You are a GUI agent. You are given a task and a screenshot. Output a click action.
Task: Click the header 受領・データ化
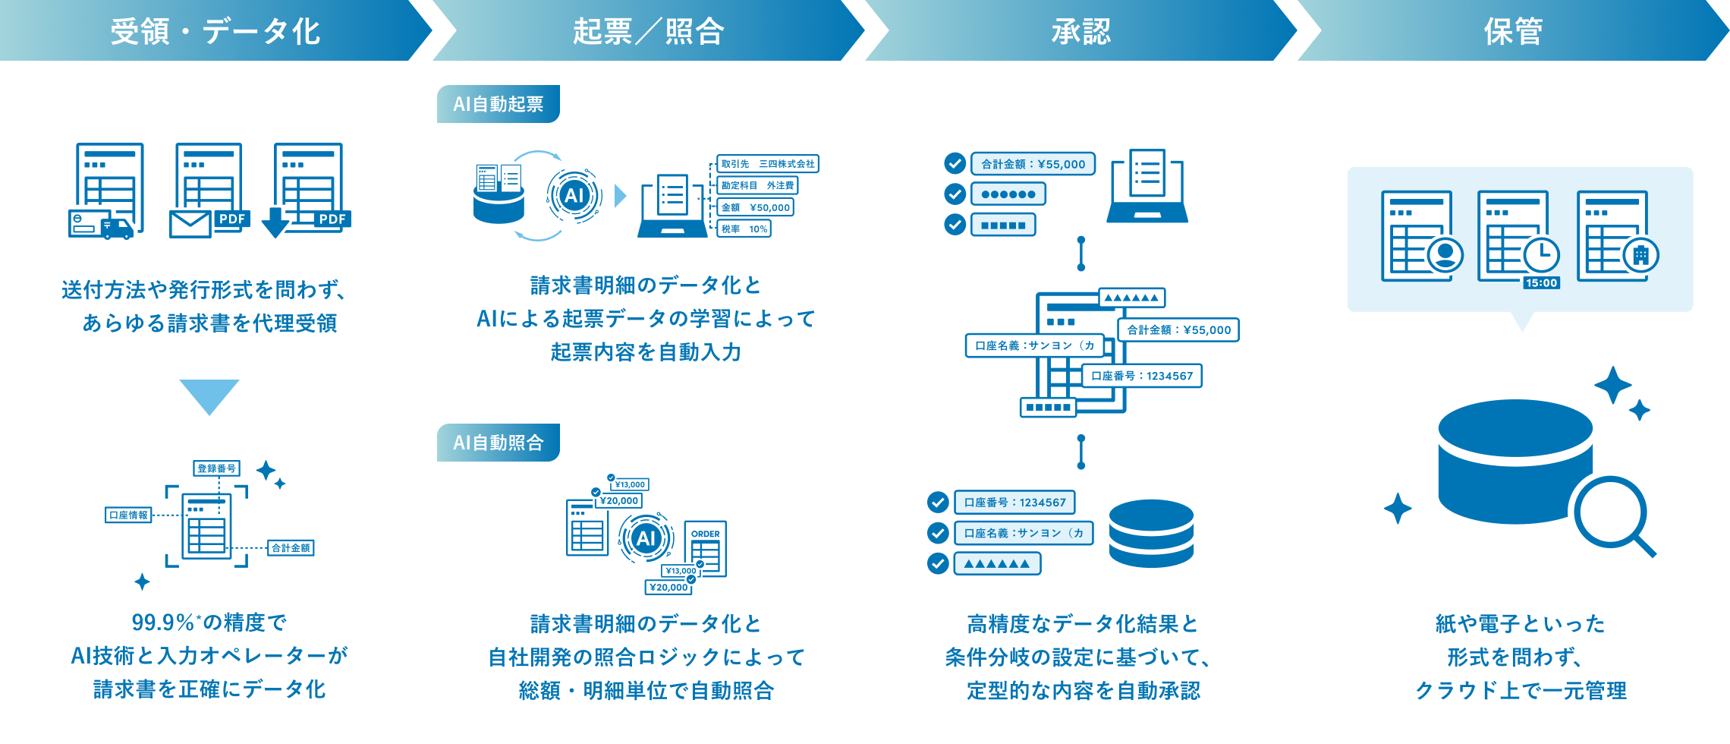point(215,32)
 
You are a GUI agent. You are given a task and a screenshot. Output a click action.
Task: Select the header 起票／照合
point(649,32)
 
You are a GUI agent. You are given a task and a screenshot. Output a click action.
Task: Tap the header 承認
point(1081,32)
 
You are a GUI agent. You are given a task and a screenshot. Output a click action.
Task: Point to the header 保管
point(1514,32)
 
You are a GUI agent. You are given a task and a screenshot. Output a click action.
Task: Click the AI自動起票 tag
point(499,104)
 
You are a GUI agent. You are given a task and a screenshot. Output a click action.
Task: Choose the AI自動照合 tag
point(499,443)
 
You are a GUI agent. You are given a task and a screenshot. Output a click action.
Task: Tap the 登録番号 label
point(217,468)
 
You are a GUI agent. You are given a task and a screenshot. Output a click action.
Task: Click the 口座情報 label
point(128,515)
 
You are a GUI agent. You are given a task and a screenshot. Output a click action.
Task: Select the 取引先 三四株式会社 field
point(768,164)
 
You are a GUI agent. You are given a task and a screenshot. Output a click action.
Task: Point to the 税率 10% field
point(744,229)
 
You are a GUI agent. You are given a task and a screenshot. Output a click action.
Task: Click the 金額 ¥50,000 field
point(756,207)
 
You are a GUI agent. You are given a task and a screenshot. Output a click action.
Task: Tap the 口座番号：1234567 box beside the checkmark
point(1014,503)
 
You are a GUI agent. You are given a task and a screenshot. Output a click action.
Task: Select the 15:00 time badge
point(1542,283)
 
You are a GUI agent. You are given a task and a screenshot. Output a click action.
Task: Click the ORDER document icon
point(706,549)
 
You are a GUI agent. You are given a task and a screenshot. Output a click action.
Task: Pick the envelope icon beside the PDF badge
point(190,225)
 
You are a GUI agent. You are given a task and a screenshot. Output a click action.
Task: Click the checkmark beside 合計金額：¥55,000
point(955,163)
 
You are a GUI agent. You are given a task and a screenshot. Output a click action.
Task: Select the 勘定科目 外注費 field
point(757,185)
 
